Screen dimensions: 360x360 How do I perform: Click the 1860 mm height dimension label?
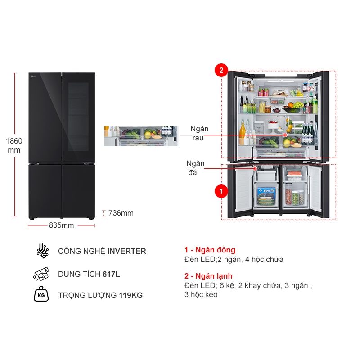tap(14, 145)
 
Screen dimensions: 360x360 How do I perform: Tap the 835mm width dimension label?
tap(61, 225)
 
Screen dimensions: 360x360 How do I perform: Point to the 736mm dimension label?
tap(121, 213)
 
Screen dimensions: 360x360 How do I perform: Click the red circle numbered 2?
tap(221, 70)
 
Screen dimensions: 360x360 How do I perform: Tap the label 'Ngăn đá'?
tap(195, 167)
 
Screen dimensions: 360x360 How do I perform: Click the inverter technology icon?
tap(42, 251)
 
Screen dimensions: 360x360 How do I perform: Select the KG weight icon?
tap(42, 295)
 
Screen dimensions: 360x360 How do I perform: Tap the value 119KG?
tap(131, 296)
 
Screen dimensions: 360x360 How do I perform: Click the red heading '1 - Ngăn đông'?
tap(210, 250)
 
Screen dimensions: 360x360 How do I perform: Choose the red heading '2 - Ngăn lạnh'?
tap(208, 276)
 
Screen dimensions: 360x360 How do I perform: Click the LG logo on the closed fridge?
tap(33, 76)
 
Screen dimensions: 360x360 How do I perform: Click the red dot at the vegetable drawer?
tap(285, 134)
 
